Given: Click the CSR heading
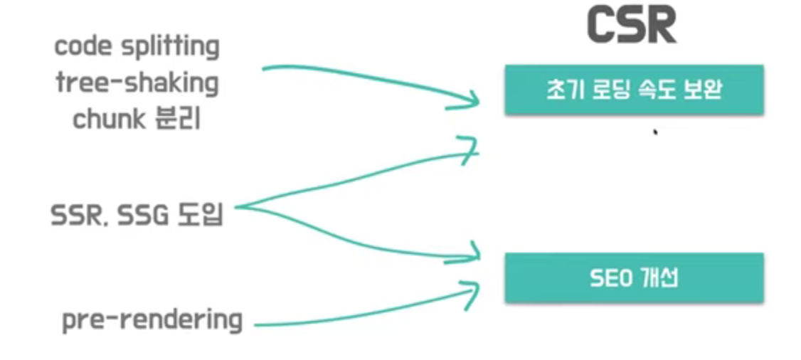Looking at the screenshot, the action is click(632, 26).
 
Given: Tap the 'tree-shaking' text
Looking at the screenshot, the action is click(137, 84).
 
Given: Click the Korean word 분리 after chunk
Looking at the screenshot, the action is click(178, 119).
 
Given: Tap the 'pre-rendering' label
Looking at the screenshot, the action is click(152, 321).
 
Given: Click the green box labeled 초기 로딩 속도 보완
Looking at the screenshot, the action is click(634, 90).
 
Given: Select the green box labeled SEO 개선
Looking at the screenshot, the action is click(634, 277).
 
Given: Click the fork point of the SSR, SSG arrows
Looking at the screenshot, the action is click(238, 208).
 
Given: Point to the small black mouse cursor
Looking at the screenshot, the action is click(654, 132).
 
